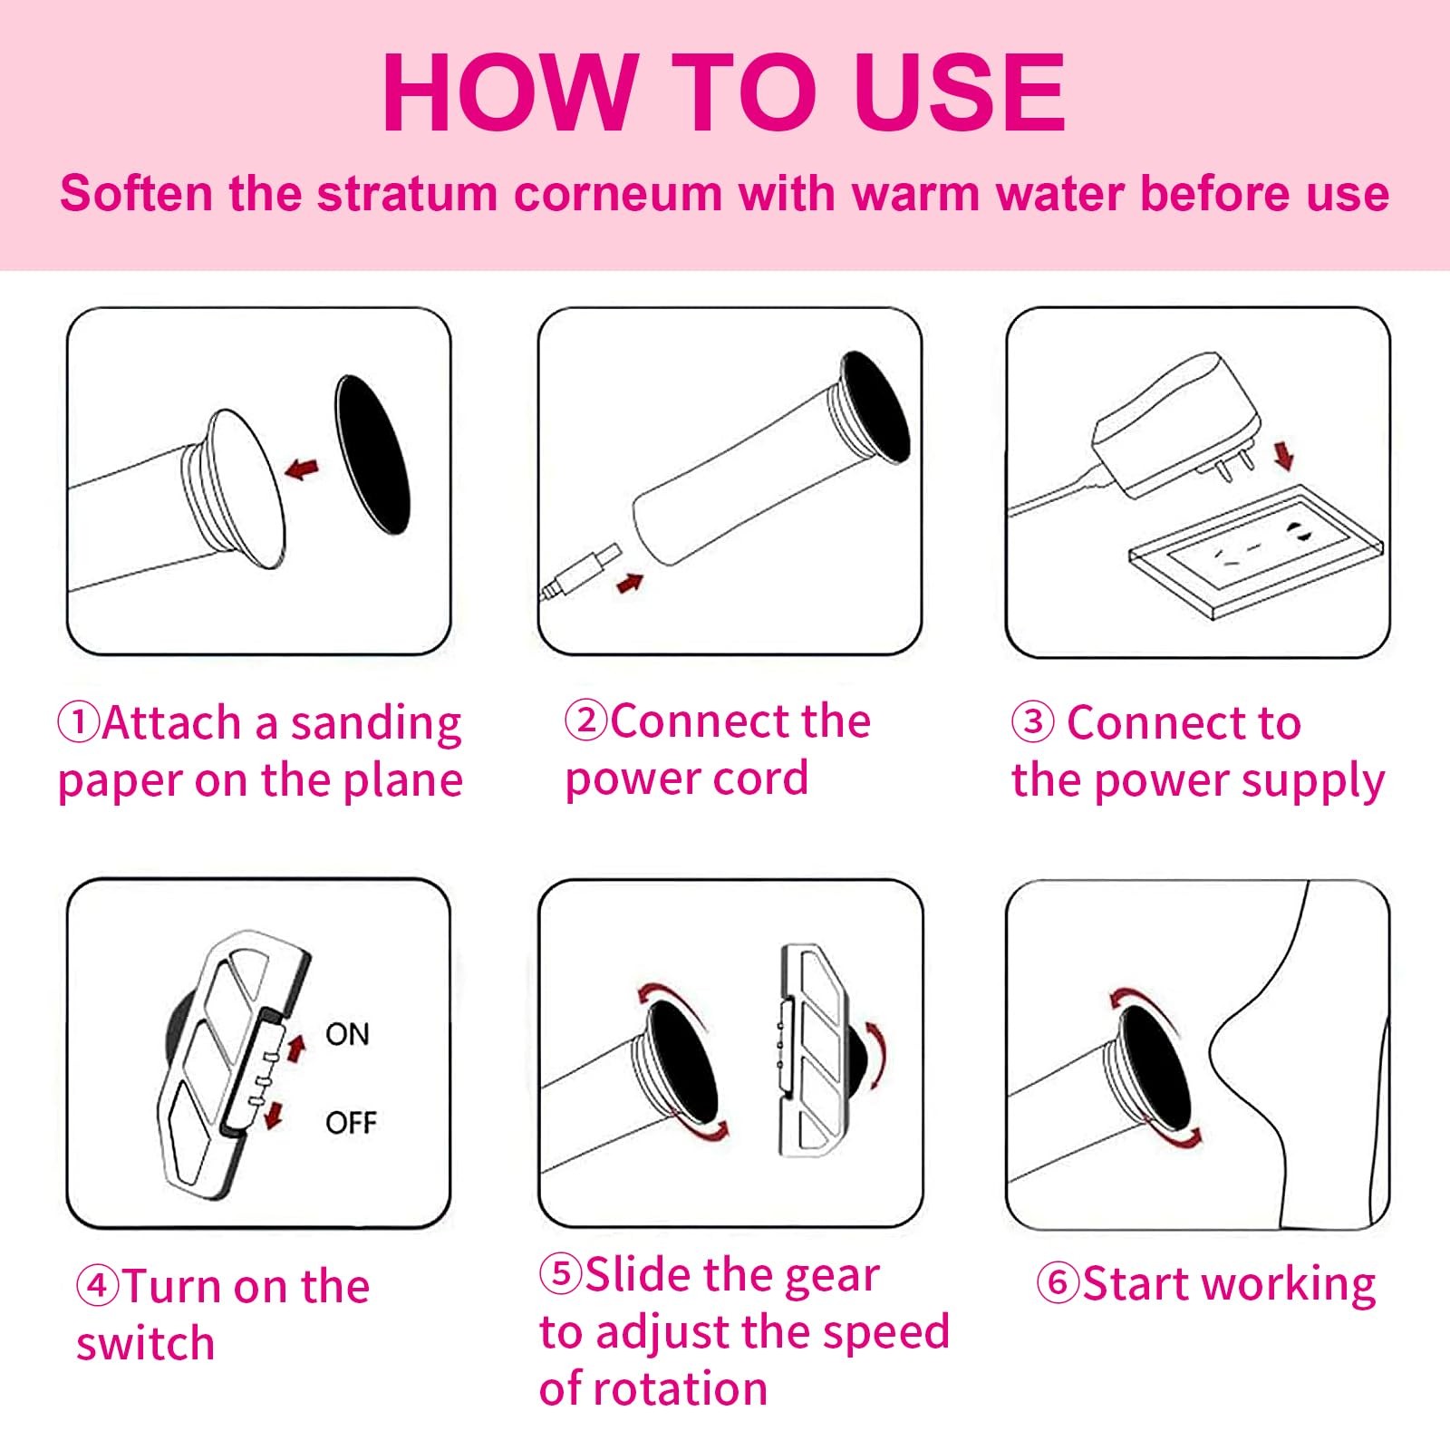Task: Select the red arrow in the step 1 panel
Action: pos(302,469)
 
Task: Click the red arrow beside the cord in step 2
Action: pos(630,583)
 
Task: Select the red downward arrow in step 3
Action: pos(1284,455)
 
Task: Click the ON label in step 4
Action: pos(347,1034)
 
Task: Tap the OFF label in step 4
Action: pos(351,1123)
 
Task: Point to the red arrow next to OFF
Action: pos(273,1116)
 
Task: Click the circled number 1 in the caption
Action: pos(78,722)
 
